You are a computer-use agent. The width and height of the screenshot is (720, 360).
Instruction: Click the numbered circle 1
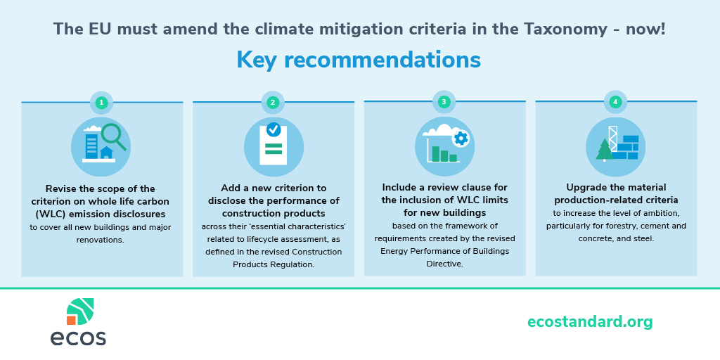(101, 103)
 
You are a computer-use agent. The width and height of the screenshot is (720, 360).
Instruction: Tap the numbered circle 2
(273, 103)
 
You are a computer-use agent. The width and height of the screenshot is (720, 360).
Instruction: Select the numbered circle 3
(444, 102)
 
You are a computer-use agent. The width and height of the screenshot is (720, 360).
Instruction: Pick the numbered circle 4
(615, 102)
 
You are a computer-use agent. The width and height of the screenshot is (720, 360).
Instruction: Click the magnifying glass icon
(113, 137)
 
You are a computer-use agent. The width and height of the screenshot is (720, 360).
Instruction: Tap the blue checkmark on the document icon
(274, 129)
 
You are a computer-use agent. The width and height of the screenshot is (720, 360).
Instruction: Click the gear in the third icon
(461, 138)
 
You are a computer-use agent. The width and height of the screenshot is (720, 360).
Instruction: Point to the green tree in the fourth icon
(605, 149)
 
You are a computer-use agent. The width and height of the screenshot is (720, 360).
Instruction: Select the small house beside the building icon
(107, 153)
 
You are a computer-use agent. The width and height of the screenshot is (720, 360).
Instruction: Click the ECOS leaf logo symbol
(80, 311)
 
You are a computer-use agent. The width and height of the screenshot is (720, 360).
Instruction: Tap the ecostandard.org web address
(590, 322)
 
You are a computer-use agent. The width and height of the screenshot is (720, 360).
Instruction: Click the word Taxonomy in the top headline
(565, 30)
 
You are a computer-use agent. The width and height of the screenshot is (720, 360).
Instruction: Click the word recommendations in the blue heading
(382, 60)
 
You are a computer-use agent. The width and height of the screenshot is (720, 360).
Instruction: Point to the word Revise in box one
(60, 188)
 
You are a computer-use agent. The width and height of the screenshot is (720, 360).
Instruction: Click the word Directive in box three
(445, 264)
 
